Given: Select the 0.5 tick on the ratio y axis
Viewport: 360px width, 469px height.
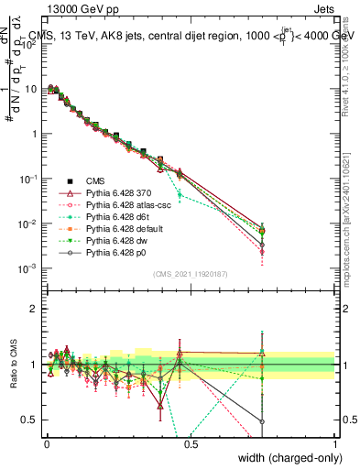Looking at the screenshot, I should point(30,420).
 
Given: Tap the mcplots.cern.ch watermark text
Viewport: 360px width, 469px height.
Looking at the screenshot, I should point(351,229).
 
